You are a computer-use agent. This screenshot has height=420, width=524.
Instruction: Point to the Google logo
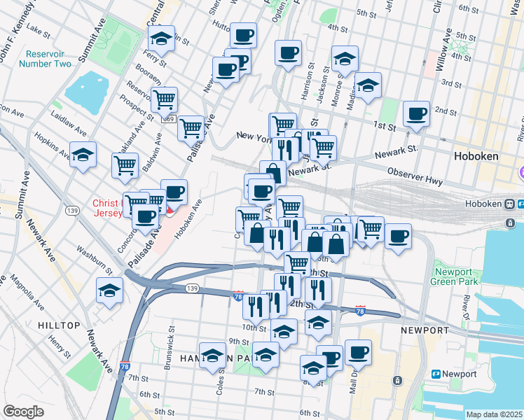point(23,411)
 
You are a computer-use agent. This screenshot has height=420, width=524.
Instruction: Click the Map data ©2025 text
point(494,414)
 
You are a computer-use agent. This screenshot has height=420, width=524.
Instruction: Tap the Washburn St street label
point(95,258)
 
